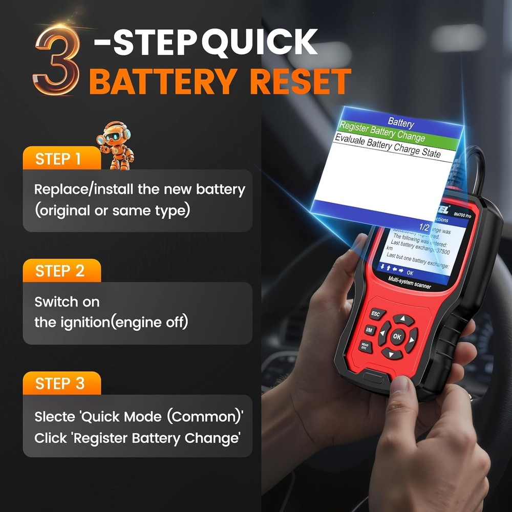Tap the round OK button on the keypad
397,336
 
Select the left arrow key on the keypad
382,333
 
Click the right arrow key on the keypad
412,339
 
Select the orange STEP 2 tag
59,271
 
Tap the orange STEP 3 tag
59,383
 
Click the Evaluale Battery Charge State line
387,146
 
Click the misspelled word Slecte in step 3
54,416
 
